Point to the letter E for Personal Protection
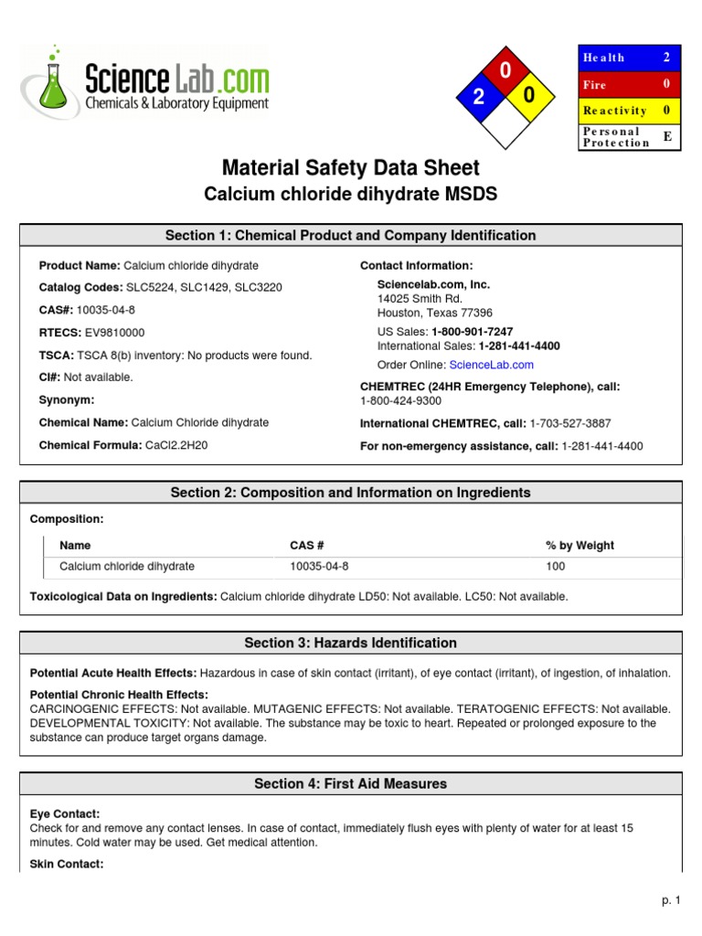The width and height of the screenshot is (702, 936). pos(666,136)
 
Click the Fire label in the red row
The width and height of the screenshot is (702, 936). pos(594,84)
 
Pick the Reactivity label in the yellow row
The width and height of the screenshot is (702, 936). pos(614,111)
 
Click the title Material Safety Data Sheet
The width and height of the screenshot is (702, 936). pos(350,168)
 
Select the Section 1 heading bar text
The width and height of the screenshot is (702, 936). pos(350,236)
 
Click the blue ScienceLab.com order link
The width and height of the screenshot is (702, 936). pos(491,365)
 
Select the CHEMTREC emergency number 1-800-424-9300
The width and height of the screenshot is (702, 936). pos(400,400)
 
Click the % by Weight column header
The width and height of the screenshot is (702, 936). pos(580,546)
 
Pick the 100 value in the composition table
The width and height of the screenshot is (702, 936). pos(556,567)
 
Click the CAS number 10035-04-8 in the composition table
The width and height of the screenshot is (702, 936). pos(319,567)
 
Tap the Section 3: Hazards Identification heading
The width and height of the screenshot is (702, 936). pos(350,643)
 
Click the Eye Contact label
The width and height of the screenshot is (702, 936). pos(65,814)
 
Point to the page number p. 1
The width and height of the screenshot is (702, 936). pos(672,901)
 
